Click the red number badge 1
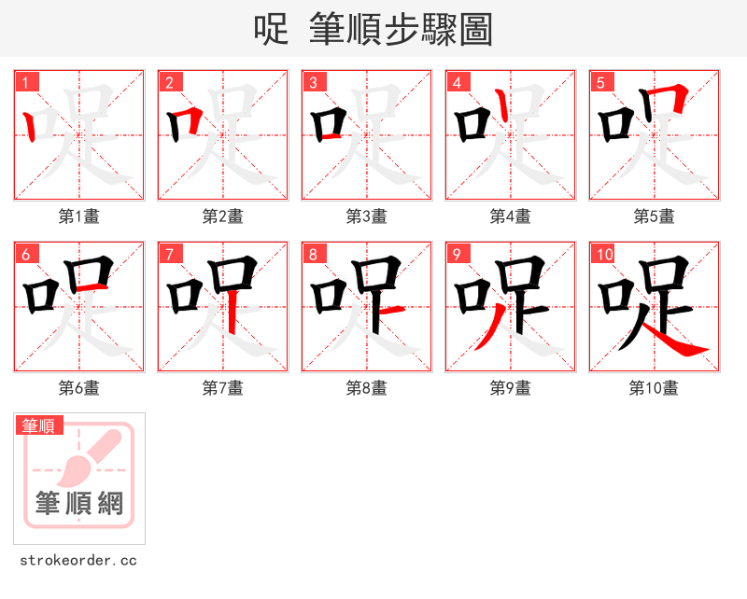coord(27,83)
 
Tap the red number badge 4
coord(458,83)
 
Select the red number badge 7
coord(171,255)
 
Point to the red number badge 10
coord(605,255)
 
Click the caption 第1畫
coord(79,216)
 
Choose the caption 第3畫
coord(367,216)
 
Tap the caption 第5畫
coord(655,216)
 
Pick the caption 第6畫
coord(79,388)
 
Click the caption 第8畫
coord(367,388)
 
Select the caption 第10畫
coord(655,388)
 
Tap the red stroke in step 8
coord(389,310)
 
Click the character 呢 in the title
coord(271,30)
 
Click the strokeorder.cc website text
coord(78,561)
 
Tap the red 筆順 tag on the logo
coord(40,425)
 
